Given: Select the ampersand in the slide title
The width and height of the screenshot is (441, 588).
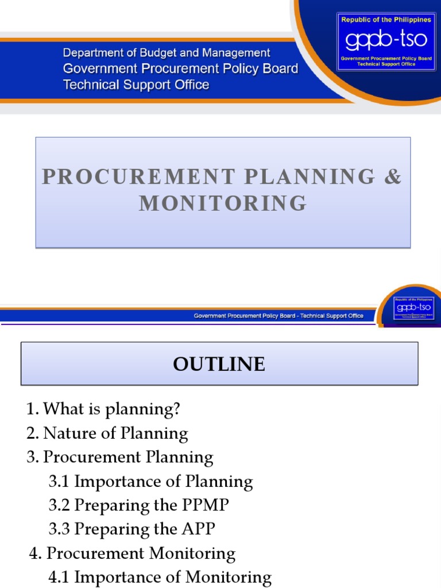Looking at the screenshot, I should click(393, 177).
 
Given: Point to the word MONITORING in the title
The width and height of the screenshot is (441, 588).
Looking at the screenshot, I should click(223, 203).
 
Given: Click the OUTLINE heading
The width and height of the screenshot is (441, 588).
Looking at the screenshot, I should click(219, 364).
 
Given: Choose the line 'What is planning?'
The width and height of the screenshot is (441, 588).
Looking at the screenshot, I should click(112, 409).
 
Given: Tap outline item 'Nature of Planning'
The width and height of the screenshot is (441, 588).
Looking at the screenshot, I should click(115, 433).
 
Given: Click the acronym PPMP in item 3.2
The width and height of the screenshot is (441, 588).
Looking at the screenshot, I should click(205, 505).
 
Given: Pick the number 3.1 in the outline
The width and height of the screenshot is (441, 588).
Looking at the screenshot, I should click(60, 481).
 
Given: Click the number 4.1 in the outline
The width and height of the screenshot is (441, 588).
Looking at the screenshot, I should click(59, 577).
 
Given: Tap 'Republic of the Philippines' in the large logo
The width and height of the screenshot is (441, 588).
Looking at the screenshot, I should click(386, 20).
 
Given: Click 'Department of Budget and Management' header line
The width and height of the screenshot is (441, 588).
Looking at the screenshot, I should click(167, 53).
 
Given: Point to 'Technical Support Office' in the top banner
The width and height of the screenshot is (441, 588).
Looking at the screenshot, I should click(136, 85).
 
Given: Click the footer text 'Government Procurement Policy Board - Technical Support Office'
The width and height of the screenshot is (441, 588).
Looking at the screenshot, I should click(278, 316).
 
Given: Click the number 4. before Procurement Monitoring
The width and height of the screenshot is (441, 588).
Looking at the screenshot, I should click(36, 554).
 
